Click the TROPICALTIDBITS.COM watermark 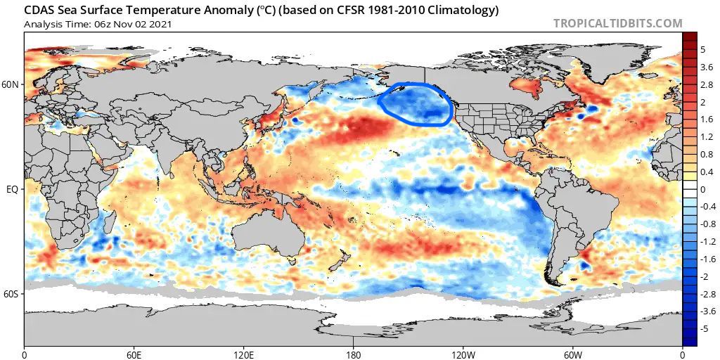[617, 23]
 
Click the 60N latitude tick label [11, 84]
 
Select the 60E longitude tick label [134, 354]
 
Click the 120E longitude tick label [244, 354]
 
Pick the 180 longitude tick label [354, 354]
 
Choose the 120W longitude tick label [463, 354]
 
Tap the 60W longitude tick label [573, 354]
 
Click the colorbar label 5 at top [702, 50]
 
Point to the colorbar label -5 [704, 328]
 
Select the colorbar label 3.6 [705, 67]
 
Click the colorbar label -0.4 [707, 207]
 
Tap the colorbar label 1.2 [705, 137]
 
